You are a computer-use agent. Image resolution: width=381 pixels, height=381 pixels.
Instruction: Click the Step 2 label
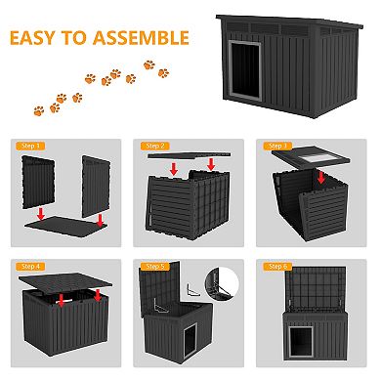click(x=156, y=145)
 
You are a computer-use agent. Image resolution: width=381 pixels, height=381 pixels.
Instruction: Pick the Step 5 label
click(x=156, y=265)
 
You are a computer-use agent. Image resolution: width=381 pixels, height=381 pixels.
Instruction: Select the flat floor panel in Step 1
click(x=63, y=224)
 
